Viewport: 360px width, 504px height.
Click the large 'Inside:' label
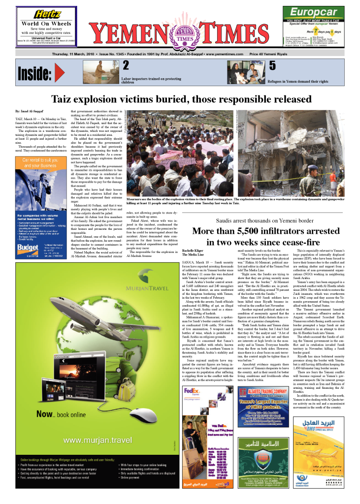click(35, 74)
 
